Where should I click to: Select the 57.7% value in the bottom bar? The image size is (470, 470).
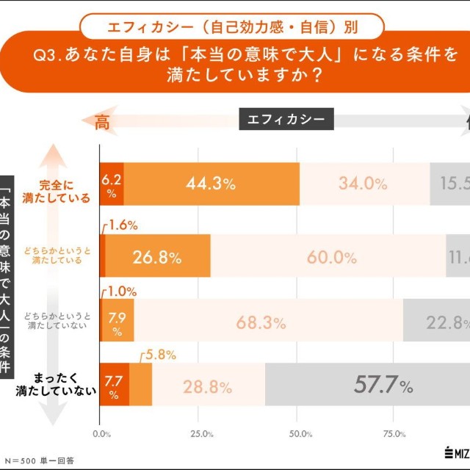(383, 385)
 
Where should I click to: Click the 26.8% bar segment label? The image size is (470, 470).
(156, 258)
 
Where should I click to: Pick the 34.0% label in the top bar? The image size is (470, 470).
(363, 184)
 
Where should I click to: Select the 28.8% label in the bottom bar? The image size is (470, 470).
(209, 386)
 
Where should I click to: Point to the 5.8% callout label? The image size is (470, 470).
(160, 355)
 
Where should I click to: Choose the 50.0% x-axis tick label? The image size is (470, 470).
(300, 433)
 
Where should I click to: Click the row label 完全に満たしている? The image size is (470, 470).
(67, 191)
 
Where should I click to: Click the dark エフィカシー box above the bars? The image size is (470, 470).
(286, 119)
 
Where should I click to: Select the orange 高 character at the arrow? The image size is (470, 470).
(102, 122)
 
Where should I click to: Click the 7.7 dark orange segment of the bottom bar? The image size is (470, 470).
(114, 385)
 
